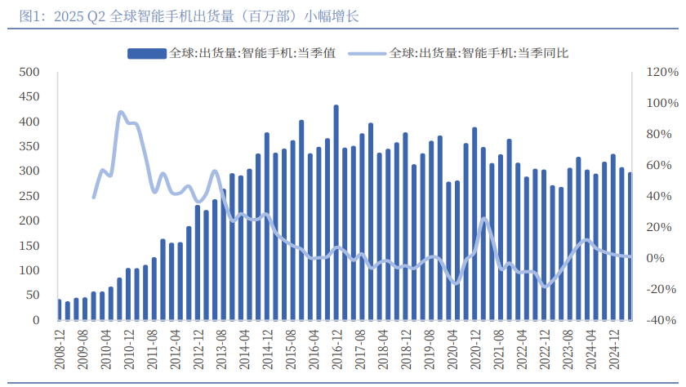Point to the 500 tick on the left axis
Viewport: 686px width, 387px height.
(30, 72)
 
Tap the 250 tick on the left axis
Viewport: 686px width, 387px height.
(30, 196)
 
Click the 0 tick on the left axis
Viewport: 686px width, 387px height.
(37, 320)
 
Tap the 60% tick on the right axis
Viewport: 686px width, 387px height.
(659, 165)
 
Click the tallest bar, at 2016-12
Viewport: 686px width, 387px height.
(336, 212)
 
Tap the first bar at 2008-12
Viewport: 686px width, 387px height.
(59, 310)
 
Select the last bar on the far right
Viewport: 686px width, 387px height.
(630, 246)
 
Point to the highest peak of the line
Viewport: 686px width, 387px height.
(120, 113)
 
